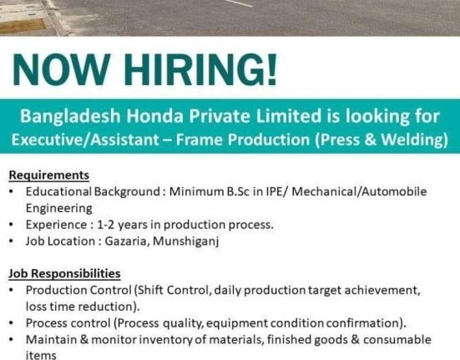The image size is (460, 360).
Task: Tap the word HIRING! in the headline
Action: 200,69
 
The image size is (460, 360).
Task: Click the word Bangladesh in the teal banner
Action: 70,116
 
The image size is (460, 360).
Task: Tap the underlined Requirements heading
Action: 49,175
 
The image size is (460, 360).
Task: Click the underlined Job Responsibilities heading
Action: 64,273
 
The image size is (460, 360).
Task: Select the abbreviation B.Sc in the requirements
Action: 238,191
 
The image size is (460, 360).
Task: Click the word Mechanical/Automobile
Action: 359,191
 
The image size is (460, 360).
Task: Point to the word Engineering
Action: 59,209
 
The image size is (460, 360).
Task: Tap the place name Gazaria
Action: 126,241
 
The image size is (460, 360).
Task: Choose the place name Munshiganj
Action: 186,241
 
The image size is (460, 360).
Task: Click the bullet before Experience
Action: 11,225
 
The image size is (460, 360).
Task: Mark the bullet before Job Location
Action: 11,241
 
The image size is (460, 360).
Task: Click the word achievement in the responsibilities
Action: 382,290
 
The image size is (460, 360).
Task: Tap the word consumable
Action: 397,339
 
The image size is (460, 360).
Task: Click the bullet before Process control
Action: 11,323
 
